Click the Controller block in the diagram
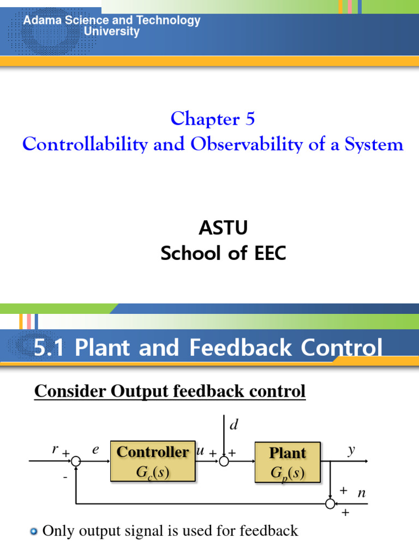[153, 462]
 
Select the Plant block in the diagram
[288, 462]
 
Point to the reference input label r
[55, 450]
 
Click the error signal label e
[96, 450]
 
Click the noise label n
[361, 493]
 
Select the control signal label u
[200, 451]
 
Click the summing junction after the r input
[76, 462]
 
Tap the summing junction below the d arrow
[224, 462]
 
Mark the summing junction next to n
[330, 504]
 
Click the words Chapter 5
[213, 118]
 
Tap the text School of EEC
[223, 253]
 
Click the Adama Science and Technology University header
[111, 26]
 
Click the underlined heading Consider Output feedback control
[170, 391]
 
